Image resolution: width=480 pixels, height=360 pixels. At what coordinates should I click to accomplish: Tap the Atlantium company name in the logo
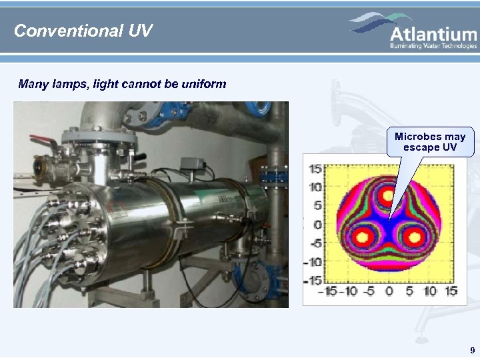(x=433, y=35)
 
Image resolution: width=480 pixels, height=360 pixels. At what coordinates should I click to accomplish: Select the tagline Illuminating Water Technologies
(x=433, y=46)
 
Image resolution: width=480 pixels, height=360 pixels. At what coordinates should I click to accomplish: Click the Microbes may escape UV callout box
(x=430, y=141)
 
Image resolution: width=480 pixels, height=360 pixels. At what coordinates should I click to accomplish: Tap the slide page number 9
(x=472, y=350)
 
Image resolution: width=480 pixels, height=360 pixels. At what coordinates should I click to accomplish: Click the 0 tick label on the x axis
(x=389, y=291)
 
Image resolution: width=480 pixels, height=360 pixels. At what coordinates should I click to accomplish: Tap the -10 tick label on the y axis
(x=313, y=261)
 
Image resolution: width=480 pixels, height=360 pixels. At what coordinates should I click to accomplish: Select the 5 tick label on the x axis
(x=409, y=291)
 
